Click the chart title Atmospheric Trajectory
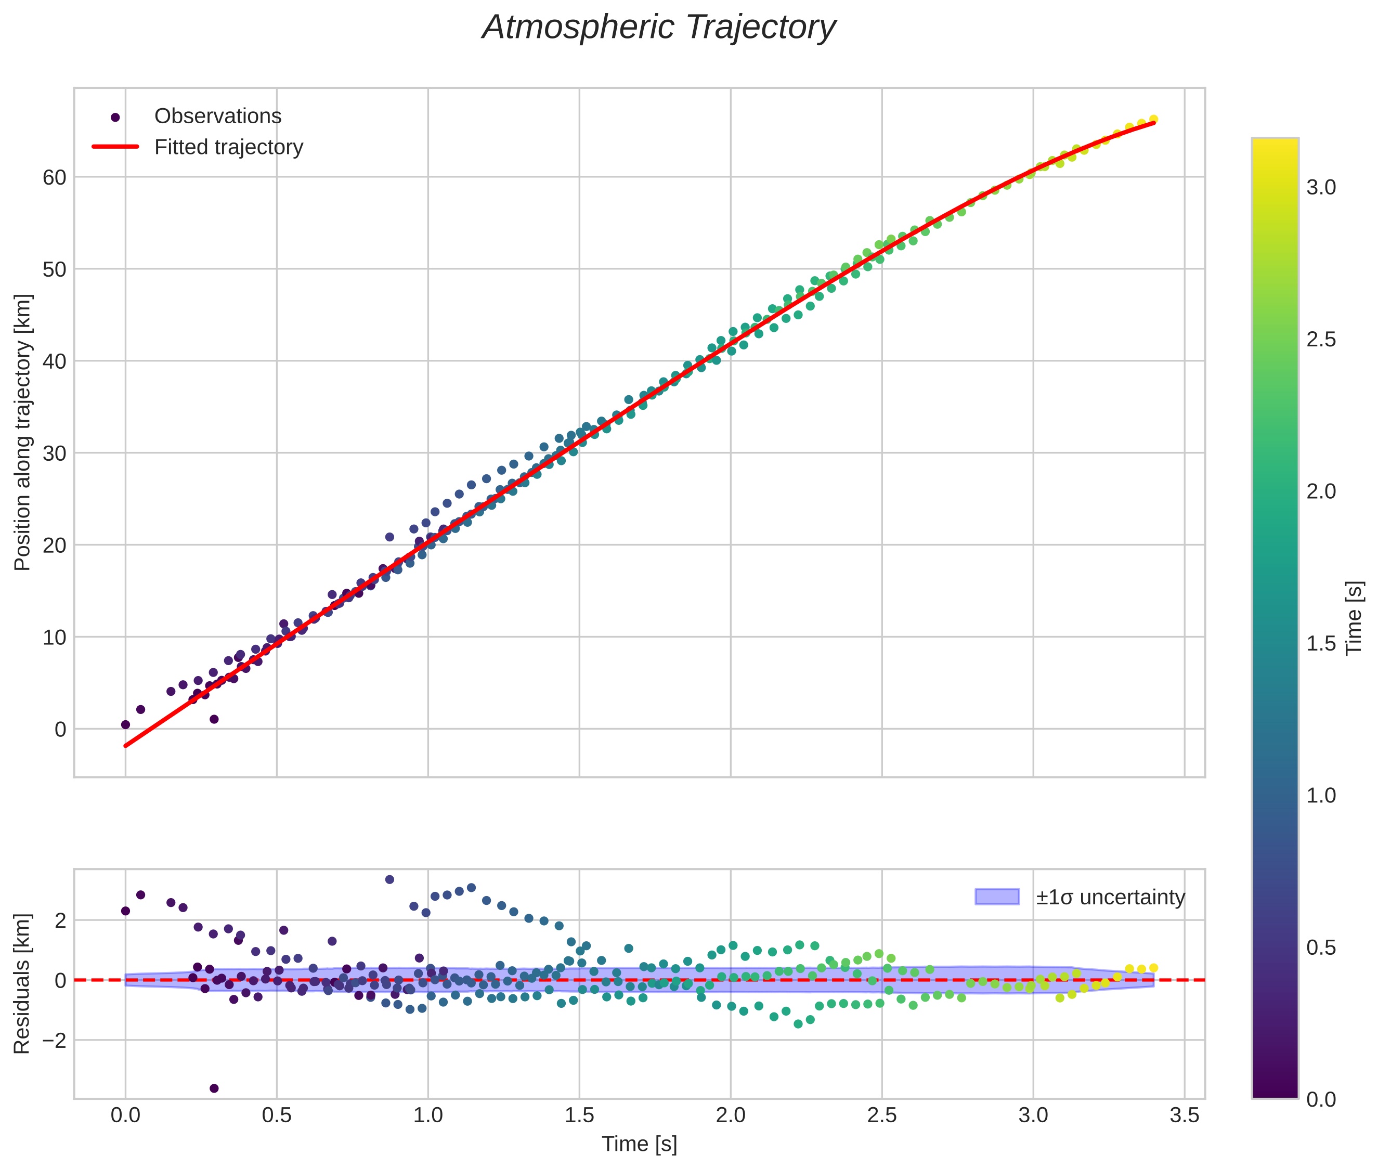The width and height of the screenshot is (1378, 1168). [659, 28]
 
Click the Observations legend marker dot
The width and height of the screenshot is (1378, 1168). [115, 117]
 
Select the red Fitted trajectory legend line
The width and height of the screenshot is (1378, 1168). [115, 146]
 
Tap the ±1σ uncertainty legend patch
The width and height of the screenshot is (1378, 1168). [997, 897]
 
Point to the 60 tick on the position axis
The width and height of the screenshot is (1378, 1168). [54, 177]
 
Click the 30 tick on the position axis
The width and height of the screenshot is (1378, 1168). [54, 453]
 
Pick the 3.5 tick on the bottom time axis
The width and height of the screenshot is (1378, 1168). [1184, 1115]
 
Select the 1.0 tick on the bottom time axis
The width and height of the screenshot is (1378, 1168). [428, 1115]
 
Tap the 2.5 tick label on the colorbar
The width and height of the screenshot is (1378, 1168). [1321, 340]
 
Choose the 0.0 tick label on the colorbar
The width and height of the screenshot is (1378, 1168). [1321, 1100]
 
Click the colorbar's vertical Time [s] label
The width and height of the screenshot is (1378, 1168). [1355, 618]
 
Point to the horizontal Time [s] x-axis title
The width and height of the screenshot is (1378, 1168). [639, 1144]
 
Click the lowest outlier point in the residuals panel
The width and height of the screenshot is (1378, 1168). [214, 1088]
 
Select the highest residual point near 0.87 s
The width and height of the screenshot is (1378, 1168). [389, 879]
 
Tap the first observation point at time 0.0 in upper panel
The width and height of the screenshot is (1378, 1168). [125, 724]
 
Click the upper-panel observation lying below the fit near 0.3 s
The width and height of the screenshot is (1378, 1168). [214, 719]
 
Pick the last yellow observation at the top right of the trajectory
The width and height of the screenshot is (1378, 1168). [1153, 119]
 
